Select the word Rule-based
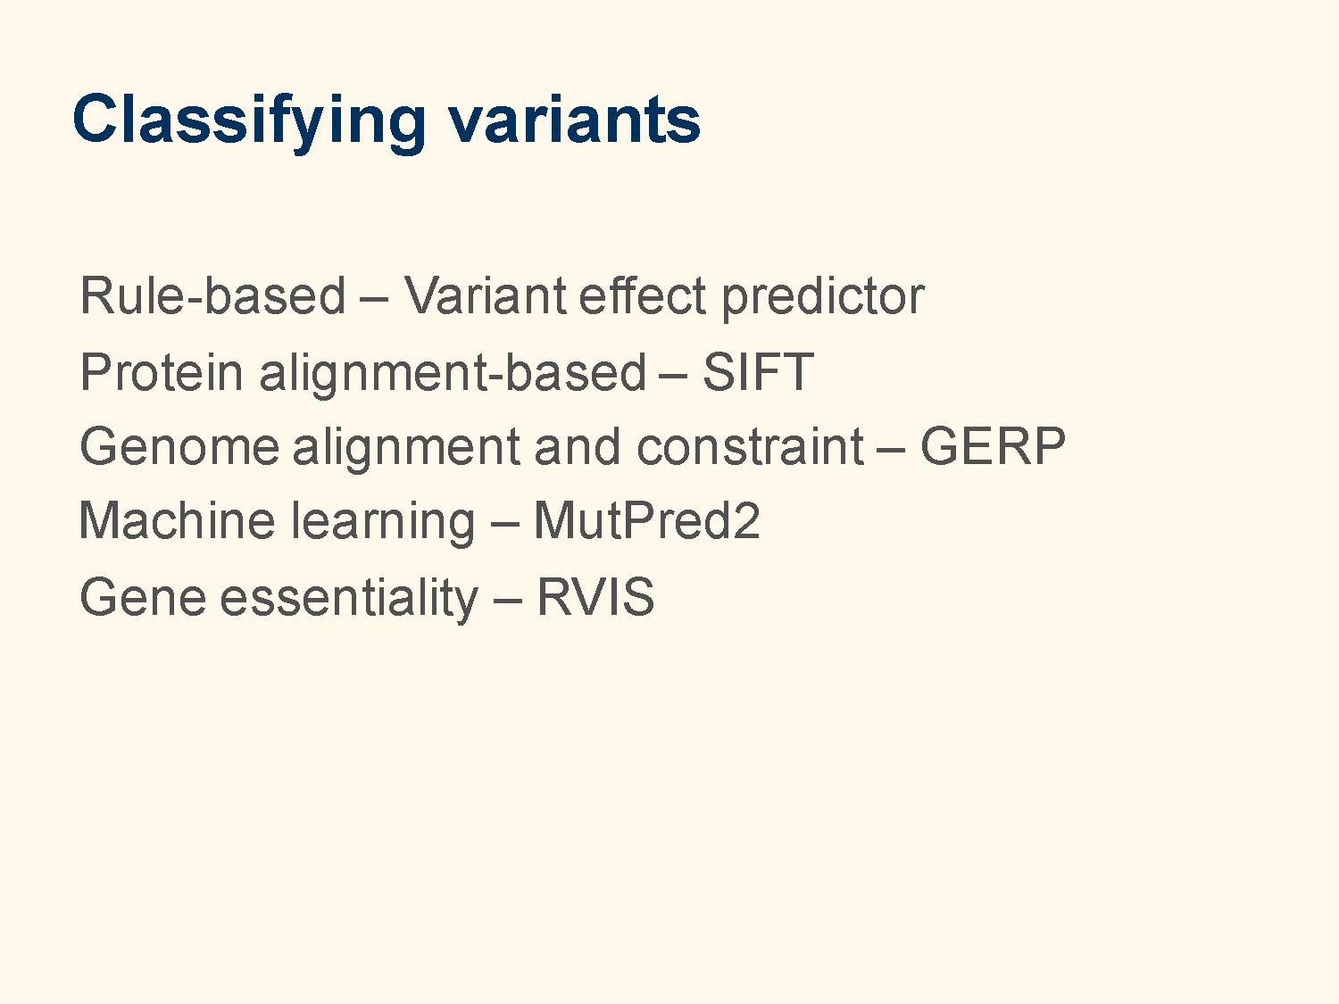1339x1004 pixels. point(212,295)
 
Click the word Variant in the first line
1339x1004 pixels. point(486,295)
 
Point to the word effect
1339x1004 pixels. point(642,295)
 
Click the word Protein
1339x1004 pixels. point(162,372)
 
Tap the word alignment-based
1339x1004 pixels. point(453,374)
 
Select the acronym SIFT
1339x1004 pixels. point(758,372)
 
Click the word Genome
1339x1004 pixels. point(179,447)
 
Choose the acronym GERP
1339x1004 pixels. point(993,446)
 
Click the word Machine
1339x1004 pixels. point(177,521)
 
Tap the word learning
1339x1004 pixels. point(382,523)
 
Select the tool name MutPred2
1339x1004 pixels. point(646,521)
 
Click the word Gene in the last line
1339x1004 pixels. point(143,597)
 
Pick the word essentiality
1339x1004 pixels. point(349,599)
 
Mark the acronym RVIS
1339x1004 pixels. point(595,597)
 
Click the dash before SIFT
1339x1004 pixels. point(674,374)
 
